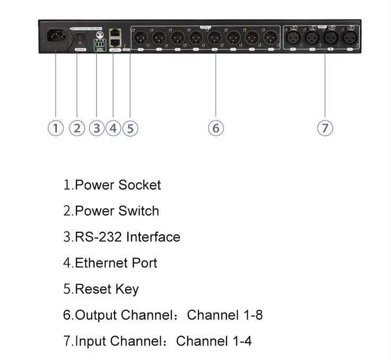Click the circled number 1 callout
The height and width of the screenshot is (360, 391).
pos(56,128)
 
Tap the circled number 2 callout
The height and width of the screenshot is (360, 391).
pos(77,128)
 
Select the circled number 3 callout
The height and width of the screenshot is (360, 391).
pos(97,128)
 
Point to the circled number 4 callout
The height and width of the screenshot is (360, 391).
pos(114,128)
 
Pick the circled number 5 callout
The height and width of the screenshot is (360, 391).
pos(130,128)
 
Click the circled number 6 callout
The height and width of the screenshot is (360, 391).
pos(215,128)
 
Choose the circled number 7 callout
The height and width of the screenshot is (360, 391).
pos(325,128)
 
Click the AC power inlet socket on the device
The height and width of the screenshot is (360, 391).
pos(56,38)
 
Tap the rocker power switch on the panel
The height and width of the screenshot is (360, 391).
pos(80,39)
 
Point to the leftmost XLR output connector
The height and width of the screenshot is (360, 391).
pos(141,38)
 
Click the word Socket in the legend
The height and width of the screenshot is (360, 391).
pos(140,185)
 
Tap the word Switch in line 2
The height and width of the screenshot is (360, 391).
pos(138,211)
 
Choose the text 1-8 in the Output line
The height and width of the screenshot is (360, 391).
pos(251,315)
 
